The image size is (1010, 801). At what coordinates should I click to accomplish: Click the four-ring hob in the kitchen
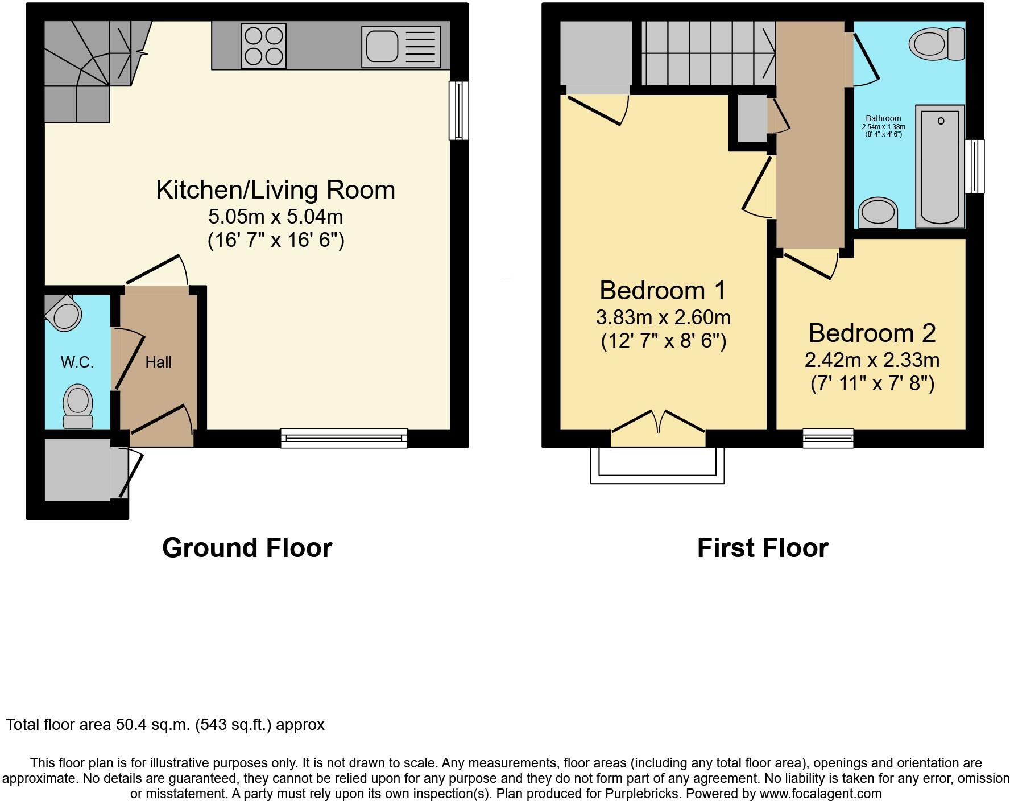point(263,46)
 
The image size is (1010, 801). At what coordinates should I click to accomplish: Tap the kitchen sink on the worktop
point(400,46)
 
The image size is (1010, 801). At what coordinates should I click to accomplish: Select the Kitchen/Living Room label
point(276,190)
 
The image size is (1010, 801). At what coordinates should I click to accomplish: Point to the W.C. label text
point(77,362)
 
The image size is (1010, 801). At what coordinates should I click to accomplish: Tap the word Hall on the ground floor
point(158,362)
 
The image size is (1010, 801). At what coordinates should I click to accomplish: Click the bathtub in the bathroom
point(940,167)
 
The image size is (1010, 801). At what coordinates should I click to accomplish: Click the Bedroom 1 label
point(663,291)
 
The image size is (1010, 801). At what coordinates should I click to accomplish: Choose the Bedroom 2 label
point(872,333)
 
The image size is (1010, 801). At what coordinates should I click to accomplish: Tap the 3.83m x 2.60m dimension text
point(664,317)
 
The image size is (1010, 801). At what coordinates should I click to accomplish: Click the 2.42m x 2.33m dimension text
point(872,360)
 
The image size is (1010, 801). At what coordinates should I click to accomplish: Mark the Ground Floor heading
point(247,548)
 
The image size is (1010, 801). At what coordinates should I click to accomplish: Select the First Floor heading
point(763,548)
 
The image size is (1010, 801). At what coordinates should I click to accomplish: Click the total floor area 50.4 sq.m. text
point(165,725)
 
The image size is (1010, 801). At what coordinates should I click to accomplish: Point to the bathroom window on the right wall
point(975,166)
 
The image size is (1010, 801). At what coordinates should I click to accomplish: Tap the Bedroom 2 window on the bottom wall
point(828,438)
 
